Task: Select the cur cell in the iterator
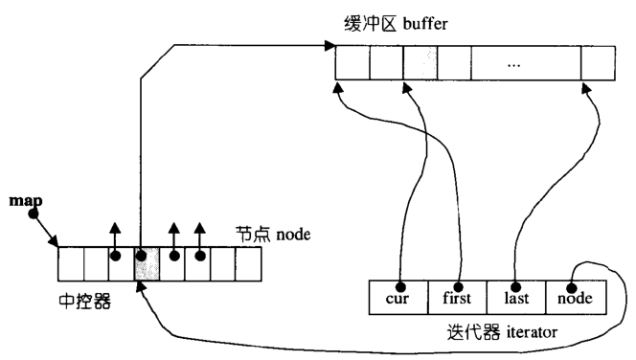point(398,297)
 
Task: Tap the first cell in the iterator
point(457,297)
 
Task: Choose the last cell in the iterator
point(516,297)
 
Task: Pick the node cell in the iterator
point(576,297)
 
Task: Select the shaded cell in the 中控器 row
point(147,263)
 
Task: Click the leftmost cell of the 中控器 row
point(70,263)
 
